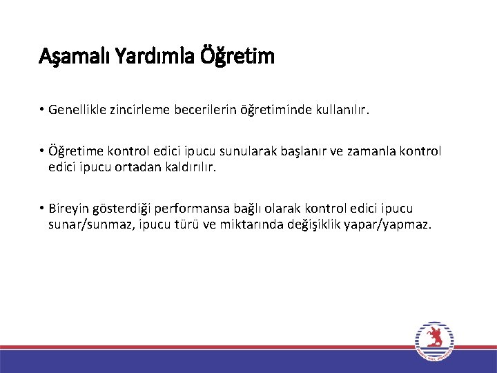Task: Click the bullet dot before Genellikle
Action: pyautogui.click(x=42, y=110)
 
